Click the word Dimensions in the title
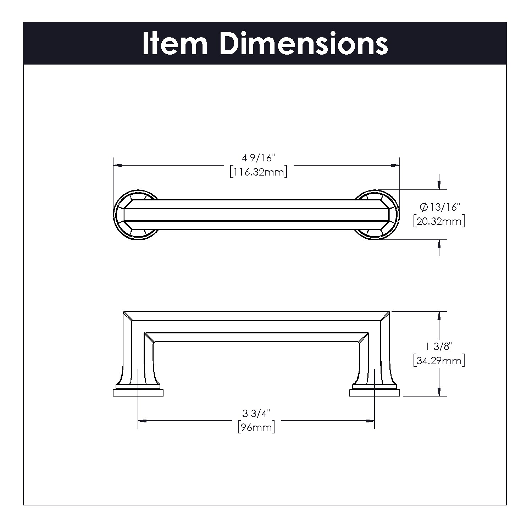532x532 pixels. (304, 44)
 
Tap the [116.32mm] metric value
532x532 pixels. (258, 172)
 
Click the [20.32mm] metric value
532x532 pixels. (439, 222)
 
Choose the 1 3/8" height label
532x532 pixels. (439, 346)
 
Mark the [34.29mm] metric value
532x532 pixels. (439, 361)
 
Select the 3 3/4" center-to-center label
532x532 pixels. (256, 413)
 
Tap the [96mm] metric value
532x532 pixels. (256, 427)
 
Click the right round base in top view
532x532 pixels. (377, 215)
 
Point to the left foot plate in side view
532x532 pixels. (138, 392)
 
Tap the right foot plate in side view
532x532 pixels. (375, 392)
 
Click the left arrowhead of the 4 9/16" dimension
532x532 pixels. (118, 165)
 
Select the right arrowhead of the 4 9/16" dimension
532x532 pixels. (395, 165)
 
